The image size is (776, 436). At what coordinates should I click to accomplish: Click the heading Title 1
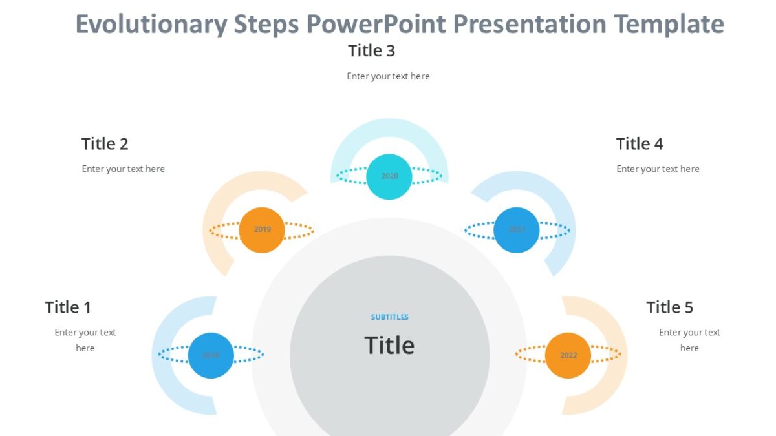pyautogui.click(x=68, y=307)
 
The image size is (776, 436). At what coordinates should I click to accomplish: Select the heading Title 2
pyautogui.click(x=105, y=144)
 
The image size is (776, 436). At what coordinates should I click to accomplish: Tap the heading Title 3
pyautogui.click(x=371, y=50)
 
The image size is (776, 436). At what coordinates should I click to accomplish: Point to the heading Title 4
pyautogui.click(x=639, y=144)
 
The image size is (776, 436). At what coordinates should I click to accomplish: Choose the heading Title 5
pyautogui.click(x=669, y=307)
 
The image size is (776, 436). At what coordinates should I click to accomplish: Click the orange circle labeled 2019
pyautogui.click(x=262, y=229)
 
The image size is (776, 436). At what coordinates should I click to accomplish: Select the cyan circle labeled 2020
pyautogui.click(x=389, y=176)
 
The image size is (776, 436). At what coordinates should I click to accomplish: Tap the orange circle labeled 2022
pyautogui.click(x=568, y=355)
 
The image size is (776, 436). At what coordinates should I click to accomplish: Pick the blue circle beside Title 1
pyautogui.click(x=211, y=355)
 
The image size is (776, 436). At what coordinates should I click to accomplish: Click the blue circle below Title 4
pyautogui.click(x=516, y=229)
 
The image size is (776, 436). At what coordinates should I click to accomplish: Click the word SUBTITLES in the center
pyautogui.click(x=389, y=317)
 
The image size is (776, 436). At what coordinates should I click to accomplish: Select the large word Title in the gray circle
pyautogui.click(x=389, y=346)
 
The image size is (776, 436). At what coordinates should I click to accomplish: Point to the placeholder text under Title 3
pyautogui.click(x=388, y=76)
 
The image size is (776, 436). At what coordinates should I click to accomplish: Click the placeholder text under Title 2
pyautogui.click(x=123, y=169)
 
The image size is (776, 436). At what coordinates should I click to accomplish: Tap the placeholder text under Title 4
pyautogui.click(x=658, y=169)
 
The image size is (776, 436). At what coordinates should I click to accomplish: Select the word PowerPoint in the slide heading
pyautogui.click(x=376, y=25)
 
